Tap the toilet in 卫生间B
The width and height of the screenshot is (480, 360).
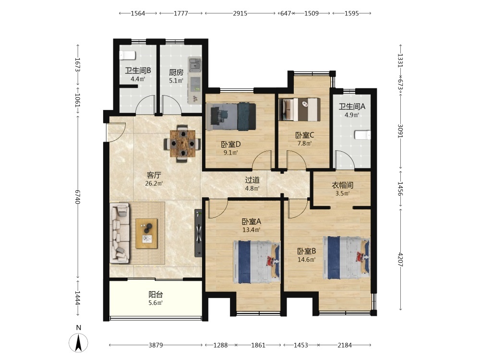click(x=127, y=55)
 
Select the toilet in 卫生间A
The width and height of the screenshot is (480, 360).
click(x=362, y=135)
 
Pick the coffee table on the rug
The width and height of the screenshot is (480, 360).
click(x=146, y=234)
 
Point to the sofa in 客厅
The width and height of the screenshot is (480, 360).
click(x=120, y=233)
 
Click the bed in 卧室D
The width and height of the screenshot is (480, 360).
click(x=231, y=117)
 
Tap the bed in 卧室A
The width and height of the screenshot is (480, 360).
click(x=256, y=262)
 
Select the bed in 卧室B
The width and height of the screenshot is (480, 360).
click(x=346, y=257)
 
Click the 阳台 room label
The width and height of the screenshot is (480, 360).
click(x=156, y=295)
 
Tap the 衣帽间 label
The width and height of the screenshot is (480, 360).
click(x=343, y=185)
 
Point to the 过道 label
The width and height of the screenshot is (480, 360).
click(x=252, y=180)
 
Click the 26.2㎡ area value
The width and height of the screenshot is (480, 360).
click(x=154, y=184)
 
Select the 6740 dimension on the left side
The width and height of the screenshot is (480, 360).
click(x=78, y=197)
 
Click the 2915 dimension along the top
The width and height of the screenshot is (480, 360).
click(x=240, y=13)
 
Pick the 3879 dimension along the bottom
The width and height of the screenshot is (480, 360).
click(x=156, y=345)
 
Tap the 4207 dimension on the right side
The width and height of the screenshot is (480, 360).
click(x=400, y=260)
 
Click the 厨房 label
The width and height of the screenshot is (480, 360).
click(x=176, y=72)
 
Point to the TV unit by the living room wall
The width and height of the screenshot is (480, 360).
click(x=198, y=233)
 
